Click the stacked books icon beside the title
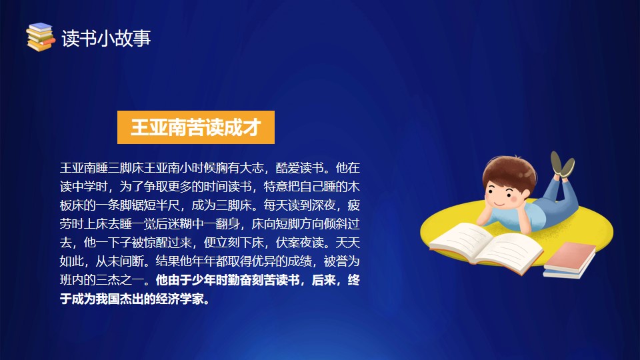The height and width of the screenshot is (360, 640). point(41,37)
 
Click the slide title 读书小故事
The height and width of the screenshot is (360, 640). point(106,39)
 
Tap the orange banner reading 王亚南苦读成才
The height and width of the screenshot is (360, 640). point(196,127)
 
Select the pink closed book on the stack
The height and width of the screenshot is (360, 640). point(571,255)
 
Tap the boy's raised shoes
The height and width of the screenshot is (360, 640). point(563,165)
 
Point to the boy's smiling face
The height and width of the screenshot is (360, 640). point(502,196)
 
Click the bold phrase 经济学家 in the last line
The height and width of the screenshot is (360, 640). point(180,299)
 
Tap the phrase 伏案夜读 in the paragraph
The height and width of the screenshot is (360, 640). point(300,243)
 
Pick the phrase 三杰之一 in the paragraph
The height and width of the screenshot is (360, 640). point(120,281)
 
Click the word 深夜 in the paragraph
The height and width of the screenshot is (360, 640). point(324,205)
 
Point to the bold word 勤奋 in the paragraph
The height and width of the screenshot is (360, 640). point(240,281)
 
